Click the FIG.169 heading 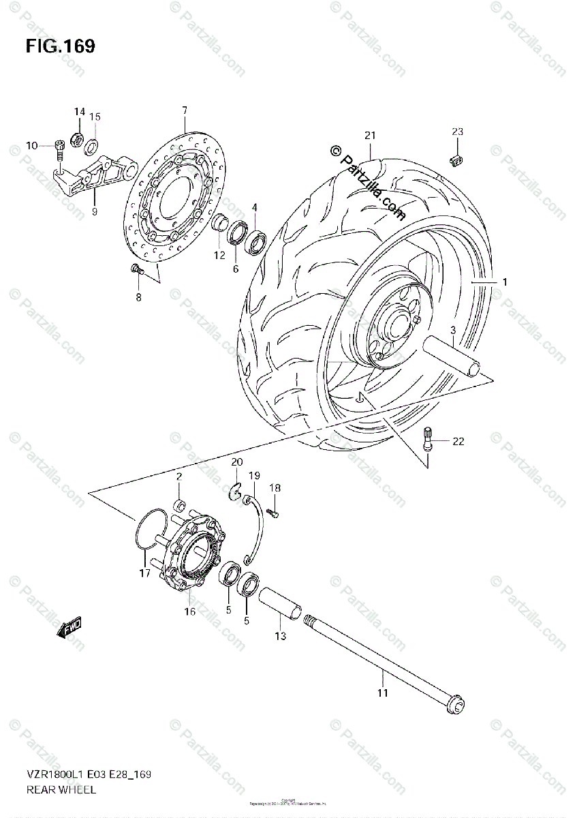pyautogui.click(x=60, y=46)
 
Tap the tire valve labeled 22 pyautogui.click(x=428, y=438)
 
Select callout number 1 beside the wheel pyautogui.click(x=505, y=282)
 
